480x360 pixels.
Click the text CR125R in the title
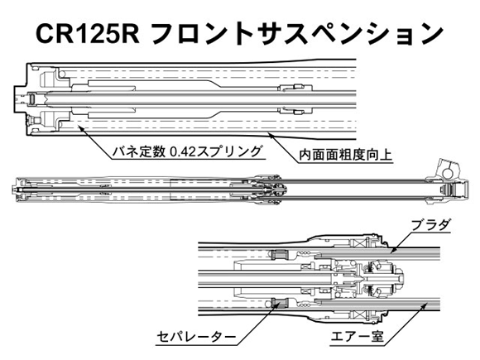[88, 34]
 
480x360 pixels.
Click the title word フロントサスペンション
[297, 34]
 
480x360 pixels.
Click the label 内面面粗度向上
[346, 155]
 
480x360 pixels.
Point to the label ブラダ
[430, 225]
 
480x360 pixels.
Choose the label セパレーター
[196, 338]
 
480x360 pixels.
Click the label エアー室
[357, 337]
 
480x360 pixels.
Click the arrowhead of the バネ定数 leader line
[80, 127]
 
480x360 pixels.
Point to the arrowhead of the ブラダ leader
[393, 251]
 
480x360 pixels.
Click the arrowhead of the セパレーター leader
[276, 304]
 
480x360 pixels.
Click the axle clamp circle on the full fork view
[448, 174]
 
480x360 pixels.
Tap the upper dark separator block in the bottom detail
[278, 254]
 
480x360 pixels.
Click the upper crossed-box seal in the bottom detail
[358, 244]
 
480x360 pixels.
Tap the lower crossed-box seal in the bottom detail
[358, 314]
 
